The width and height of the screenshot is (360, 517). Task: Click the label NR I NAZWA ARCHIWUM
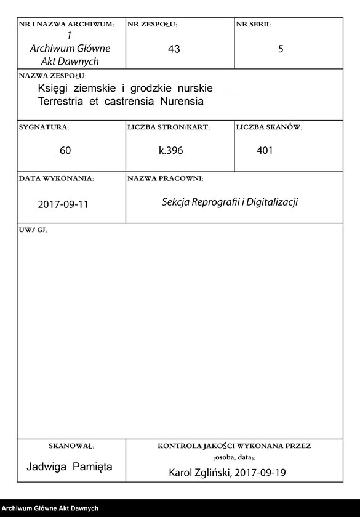pyautogui.click(x=66, y=24)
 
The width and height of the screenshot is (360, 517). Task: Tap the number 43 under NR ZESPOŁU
pyautogui.click(x=174, y=49)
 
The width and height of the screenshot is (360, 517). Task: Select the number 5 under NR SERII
pyautogui.click(x=281, y=49)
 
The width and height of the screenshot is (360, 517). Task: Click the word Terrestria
pyautogui.click(x=63, y=101)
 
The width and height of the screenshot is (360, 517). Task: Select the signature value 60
pyautogui.click(x=65, y=151)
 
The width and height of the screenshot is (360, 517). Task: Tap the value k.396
pyautogui.click(x=171, y=151)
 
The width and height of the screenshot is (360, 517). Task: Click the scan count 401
pyautogui.click(x=265, y=151)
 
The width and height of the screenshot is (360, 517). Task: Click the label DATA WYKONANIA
pyautogui.click(x=56, y=178)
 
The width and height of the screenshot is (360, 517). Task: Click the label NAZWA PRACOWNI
pyautogui.click(x=165, y=178)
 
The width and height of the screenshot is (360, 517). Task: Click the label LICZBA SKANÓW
pyautogui.click(x=269, y=127)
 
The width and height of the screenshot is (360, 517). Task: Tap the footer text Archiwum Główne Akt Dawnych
pyautogui.click(x=50, y=508)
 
